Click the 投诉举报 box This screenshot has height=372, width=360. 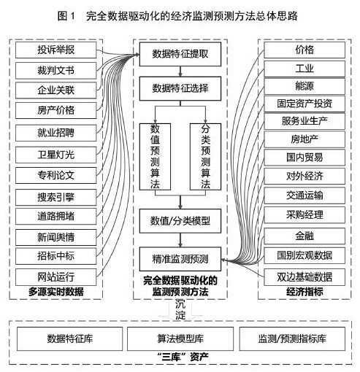click(56, 50)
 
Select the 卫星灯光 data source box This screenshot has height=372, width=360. click(56, 155)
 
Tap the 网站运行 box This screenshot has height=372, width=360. click(56, 277)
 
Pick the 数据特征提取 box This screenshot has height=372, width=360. click(180, 54)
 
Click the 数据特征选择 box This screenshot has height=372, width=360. click(180, 88)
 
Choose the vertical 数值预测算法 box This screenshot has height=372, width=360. click(155, 157)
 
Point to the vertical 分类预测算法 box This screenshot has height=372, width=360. click(205, 157)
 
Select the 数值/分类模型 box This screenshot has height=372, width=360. click(180, 221)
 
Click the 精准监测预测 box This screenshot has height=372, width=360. click(180, 259)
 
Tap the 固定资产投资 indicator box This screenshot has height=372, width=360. click(305, 104)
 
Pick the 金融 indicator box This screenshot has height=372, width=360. click(305, 236)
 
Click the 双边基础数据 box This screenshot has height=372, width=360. click(305, 277)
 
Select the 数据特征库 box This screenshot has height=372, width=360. click(69, 338)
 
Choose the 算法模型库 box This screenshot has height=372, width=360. click(180, 338)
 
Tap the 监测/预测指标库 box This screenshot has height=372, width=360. click(292, 338)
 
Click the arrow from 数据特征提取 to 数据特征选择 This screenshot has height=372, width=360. click(180, 71)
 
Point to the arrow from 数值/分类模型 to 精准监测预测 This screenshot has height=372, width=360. click(180, 240)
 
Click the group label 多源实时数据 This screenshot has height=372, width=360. click(56, 292)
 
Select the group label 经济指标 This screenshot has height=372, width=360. click(305, 292)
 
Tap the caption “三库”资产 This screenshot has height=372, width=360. click(183, 357)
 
